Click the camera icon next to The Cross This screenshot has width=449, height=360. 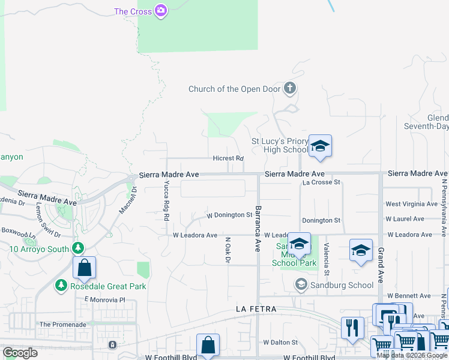pos(160,11)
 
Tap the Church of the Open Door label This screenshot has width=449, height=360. pos(235,89)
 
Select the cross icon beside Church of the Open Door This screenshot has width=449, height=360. pos(290,89)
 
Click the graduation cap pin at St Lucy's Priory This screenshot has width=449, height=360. pos(321,146)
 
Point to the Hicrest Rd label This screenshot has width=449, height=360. pos(228,158)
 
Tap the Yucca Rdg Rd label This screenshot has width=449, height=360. pos(166,201)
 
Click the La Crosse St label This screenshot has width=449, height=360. pos(321,182)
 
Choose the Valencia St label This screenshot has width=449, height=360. pos(327,256)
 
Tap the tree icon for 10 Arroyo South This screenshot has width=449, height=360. pos(77,248)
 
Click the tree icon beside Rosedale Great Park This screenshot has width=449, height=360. pos(61,286)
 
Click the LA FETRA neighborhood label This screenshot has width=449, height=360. pos(256,309)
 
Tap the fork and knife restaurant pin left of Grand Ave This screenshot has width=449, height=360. pos(353,328)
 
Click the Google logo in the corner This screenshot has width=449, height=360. pos(20,353)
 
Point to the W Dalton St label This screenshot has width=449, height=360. pos(281,343)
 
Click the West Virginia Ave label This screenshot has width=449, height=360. pos(408,205)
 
